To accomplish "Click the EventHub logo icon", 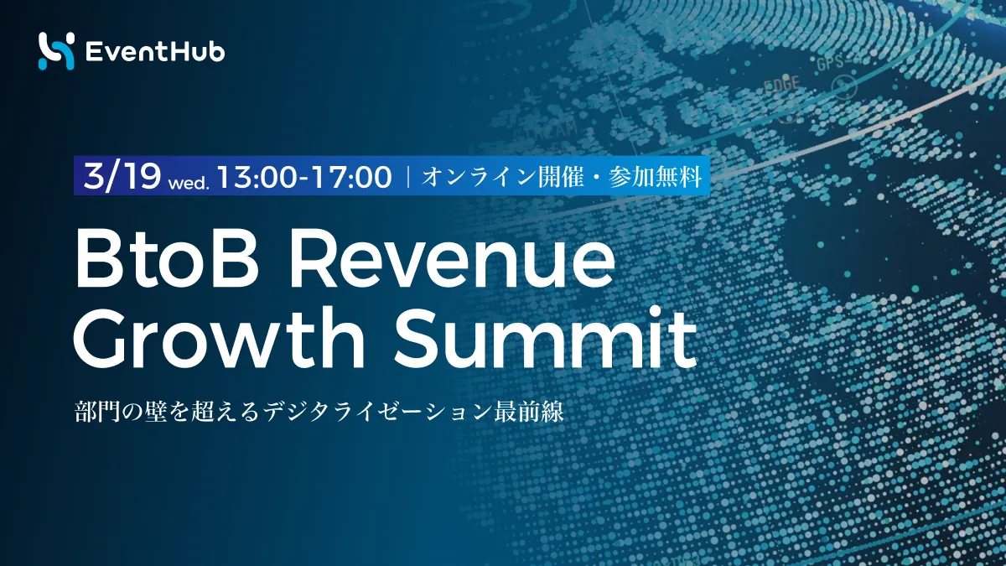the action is click(x=56, y=51).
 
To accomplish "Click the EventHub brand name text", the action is click(x=155, y=52).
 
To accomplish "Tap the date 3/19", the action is click(x=122, y=176).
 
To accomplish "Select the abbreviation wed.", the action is click(x=189, y=184).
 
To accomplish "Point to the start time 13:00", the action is click(x=257, y=177).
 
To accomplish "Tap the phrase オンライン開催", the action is click(x=502, y=177).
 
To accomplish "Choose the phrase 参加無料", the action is click(x=655, y=177).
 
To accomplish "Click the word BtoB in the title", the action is click(x=167, y=261).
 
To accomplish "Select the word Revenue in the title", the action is click(x=451, y=261).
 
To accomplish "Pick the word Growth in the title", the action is click(x=218, y=337).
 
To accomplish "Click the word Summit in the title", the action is click(x=545, y=337).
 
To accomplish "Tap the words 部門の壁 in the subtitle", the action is click(x=121, y=411).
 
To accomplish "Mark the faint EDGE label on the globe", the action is click(x=782, y=84).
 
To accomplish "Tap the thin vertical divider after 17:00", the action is click(x=408, y=177).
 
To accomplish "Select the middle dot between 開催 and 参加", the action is click(x=596, y=177).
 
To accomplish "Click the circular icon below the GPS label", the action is click(x=844, y=87).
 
